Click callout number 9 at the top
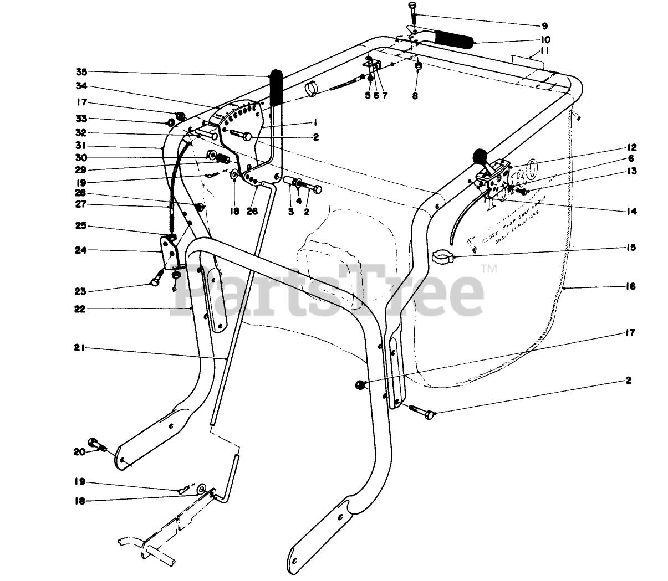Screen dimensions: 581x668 [544, 25]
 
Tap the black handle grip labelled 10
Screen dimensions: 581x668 [453, 39]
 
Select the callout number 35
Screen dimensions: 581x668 [81, 71]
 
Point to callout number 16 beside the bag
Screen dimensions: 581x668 [632, 286]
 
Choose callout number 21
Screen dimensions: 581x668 [81, 348]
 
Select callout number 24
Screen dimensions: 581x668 [81, 250]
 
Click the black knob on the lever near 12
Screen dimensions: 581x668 [478, 156]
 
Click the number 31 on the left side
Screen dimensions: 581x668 [81, 146]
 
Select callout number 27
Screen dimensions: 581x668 [81, 205]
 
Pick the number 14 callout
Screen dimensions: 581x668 [632, 211]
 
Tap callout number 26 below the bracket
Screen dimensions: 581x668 [253, 211]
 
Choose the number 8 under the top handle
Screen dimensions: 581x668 [415, 95]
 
